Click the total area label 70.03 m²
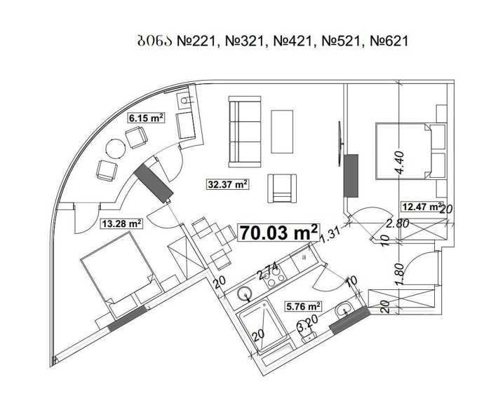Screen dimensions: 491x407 tap(278, 232)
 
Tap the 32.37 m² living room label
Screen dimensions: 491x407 tap(228, 184)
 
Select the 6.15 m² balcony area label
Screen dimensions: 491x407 tap(146, 118)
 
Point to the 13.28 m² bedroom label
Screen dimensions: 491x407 tap(121, 223)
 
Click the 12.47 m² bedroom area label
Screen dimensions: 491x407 tap(422, 207)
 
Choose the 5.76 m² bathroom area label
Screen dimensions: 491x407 tap(303, 306)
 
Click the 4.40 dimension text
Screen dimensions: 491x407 tap(400, 162)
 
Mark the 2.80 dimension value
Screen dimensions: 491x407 tap(398, 223)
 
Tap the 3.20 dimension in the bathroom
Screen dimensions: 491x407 tap(309, 324)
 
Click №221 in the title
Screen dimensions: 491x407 tap(196, 41)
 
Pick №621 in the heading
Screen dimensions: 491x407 tap(389, 41)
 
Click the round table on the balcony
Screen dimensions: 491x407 tap(116, 149)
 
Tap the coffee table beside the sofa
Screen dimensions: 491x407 tap(282, 132)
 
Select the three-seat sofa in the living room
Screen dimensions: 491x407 tap(245, 132)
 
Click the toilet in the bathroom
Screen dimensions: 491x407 tap(308, 333)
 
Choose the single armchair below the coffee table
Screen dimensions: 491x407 tap(282, 188)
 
